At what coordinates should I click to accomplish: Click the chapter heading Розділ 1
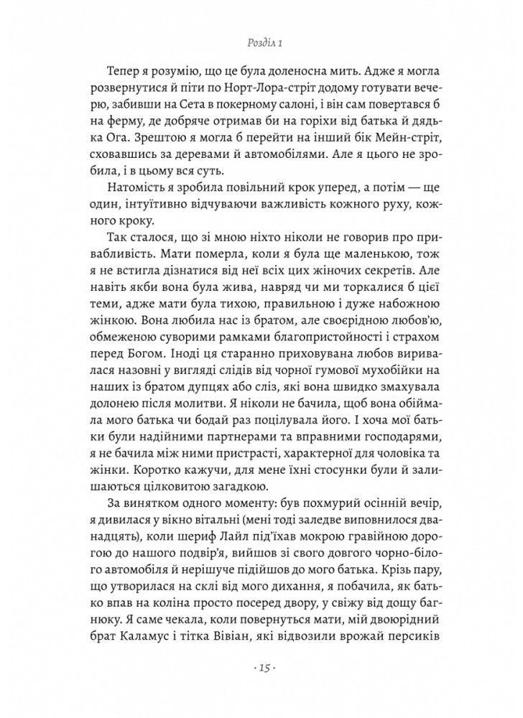point(261,45)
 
